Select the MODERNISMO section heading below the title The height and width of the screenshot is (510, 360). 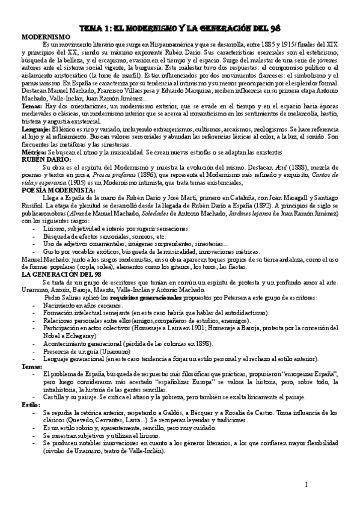click(42, 37)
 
